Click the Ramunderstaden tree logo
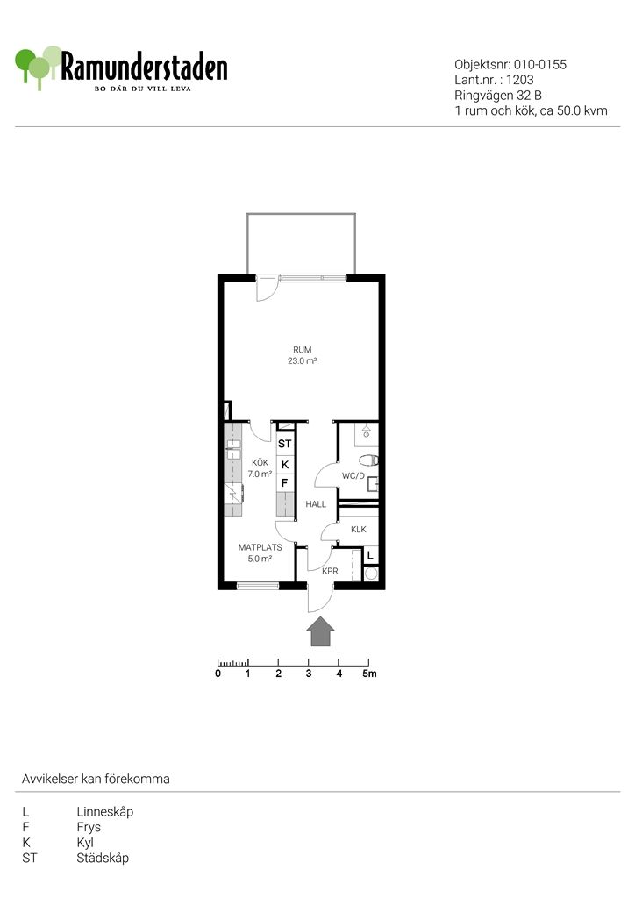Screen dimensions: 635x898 (38, 67)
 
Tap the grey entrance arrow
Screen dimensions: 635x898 (320, 631)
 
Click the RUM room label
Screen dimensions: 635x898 (303, 349)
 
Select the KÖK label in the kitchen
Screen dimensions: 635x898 (260, 462)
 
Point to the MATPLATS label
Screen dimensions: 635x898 (260, 547)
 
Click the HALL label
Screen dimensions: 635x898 (316, 504)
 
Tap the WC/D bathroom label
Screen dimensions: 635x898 (353, 476)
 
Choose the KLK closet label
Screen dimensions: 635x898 (359, 529)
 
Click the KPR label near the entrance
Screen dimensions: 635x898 (330, 571)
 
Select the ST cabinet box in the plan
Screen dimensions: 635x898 (285, 444)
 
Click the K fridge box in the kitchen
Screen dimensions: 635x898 (285, 465)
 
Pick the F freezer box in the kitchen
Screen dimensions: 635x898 (285, 483)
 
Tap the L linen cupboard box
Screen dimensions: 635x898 (370, 555)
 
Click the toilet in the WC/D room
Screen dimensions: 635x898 (368, 460)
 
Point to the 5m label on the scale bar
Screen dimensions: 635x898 (369, 673)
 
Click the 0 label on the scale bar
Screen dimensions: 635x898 (218, 673)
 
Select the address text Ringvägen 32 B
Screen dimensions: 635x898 (498, 96)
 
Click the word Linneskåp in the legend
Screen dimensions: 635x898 (104, 811)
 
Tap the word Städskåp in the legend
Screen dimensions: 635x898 (103, 858)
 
